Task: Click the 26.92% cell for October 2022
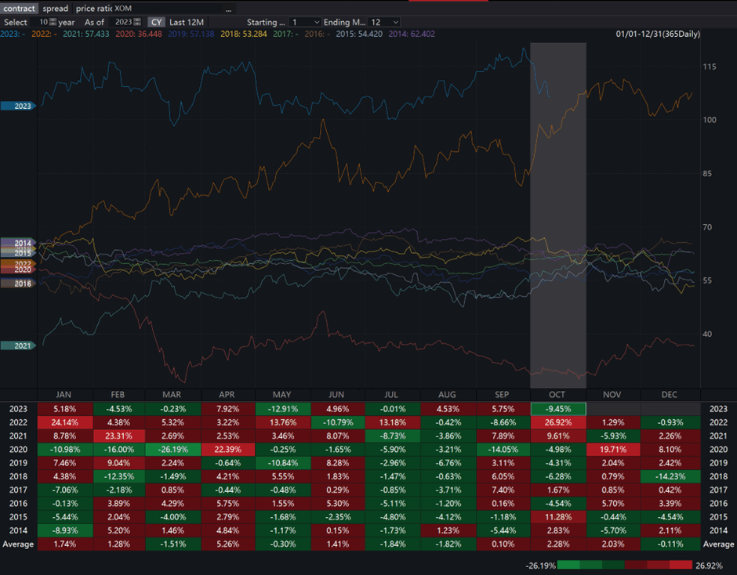coord(558,424)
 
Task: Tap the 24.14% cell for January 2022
coord(65,424)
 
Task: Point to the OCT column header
coord(558,394)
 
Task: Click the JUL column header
coord(394,394)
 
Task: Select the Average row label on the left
coord(18,544)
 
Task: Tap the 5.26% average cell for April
coord(229,544)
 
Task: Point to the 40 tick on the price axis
coord(708,335)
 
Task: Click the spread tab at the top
coord(56,9)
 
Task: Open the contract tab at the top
coord(19,9)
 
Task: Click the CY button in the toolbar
coord(157,22)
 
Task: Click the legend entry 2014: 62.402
coord(408,34)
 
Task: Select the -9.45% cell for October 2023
coord(558,409)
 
